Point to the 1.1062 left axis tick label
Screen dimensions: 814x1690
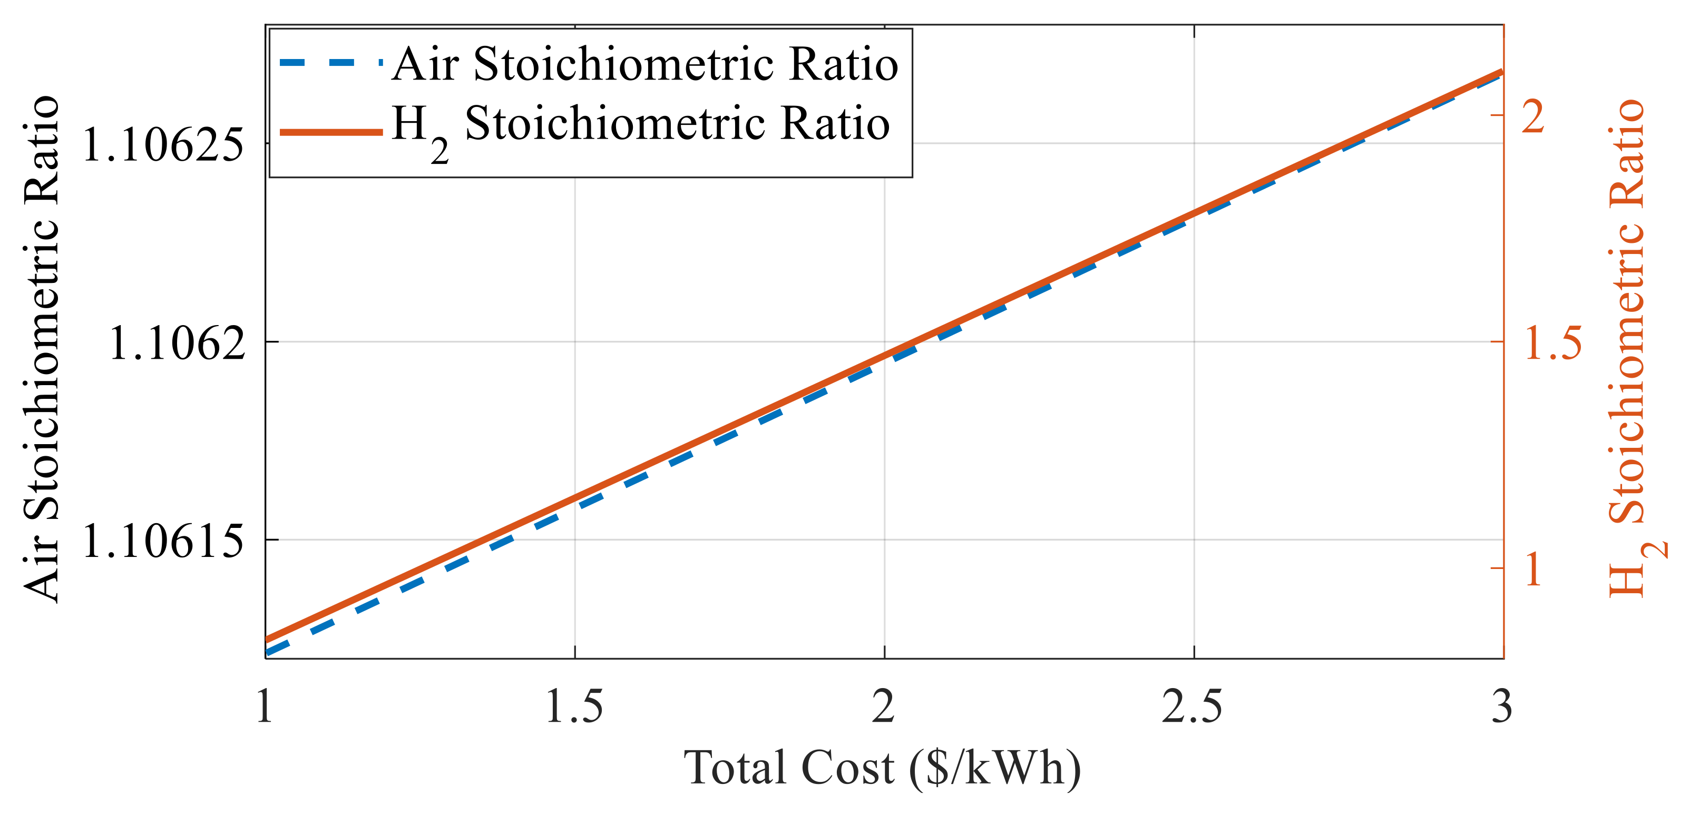pos(177,343)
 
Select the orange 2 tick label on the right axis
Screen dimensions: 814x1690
pos(1533,117)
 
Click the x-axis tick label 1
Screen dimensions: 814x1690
pos(265,707)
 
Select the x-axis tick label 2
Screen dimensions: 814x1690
pos(884,707)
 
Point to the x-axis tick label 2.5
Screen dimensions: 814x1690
pos(1193,707)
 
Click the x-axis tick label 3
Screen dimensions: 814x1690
pos(1502,707)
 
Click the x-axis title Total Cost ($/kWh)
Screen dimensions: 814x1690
pos(882,768)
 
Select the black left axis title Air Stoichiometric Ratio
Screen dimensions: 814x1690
pos(42,348)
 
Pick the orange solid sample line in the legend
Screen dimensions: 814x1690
pos(330,132)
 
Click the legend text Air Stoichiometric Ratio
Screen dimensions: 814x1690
pos(645,65)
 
